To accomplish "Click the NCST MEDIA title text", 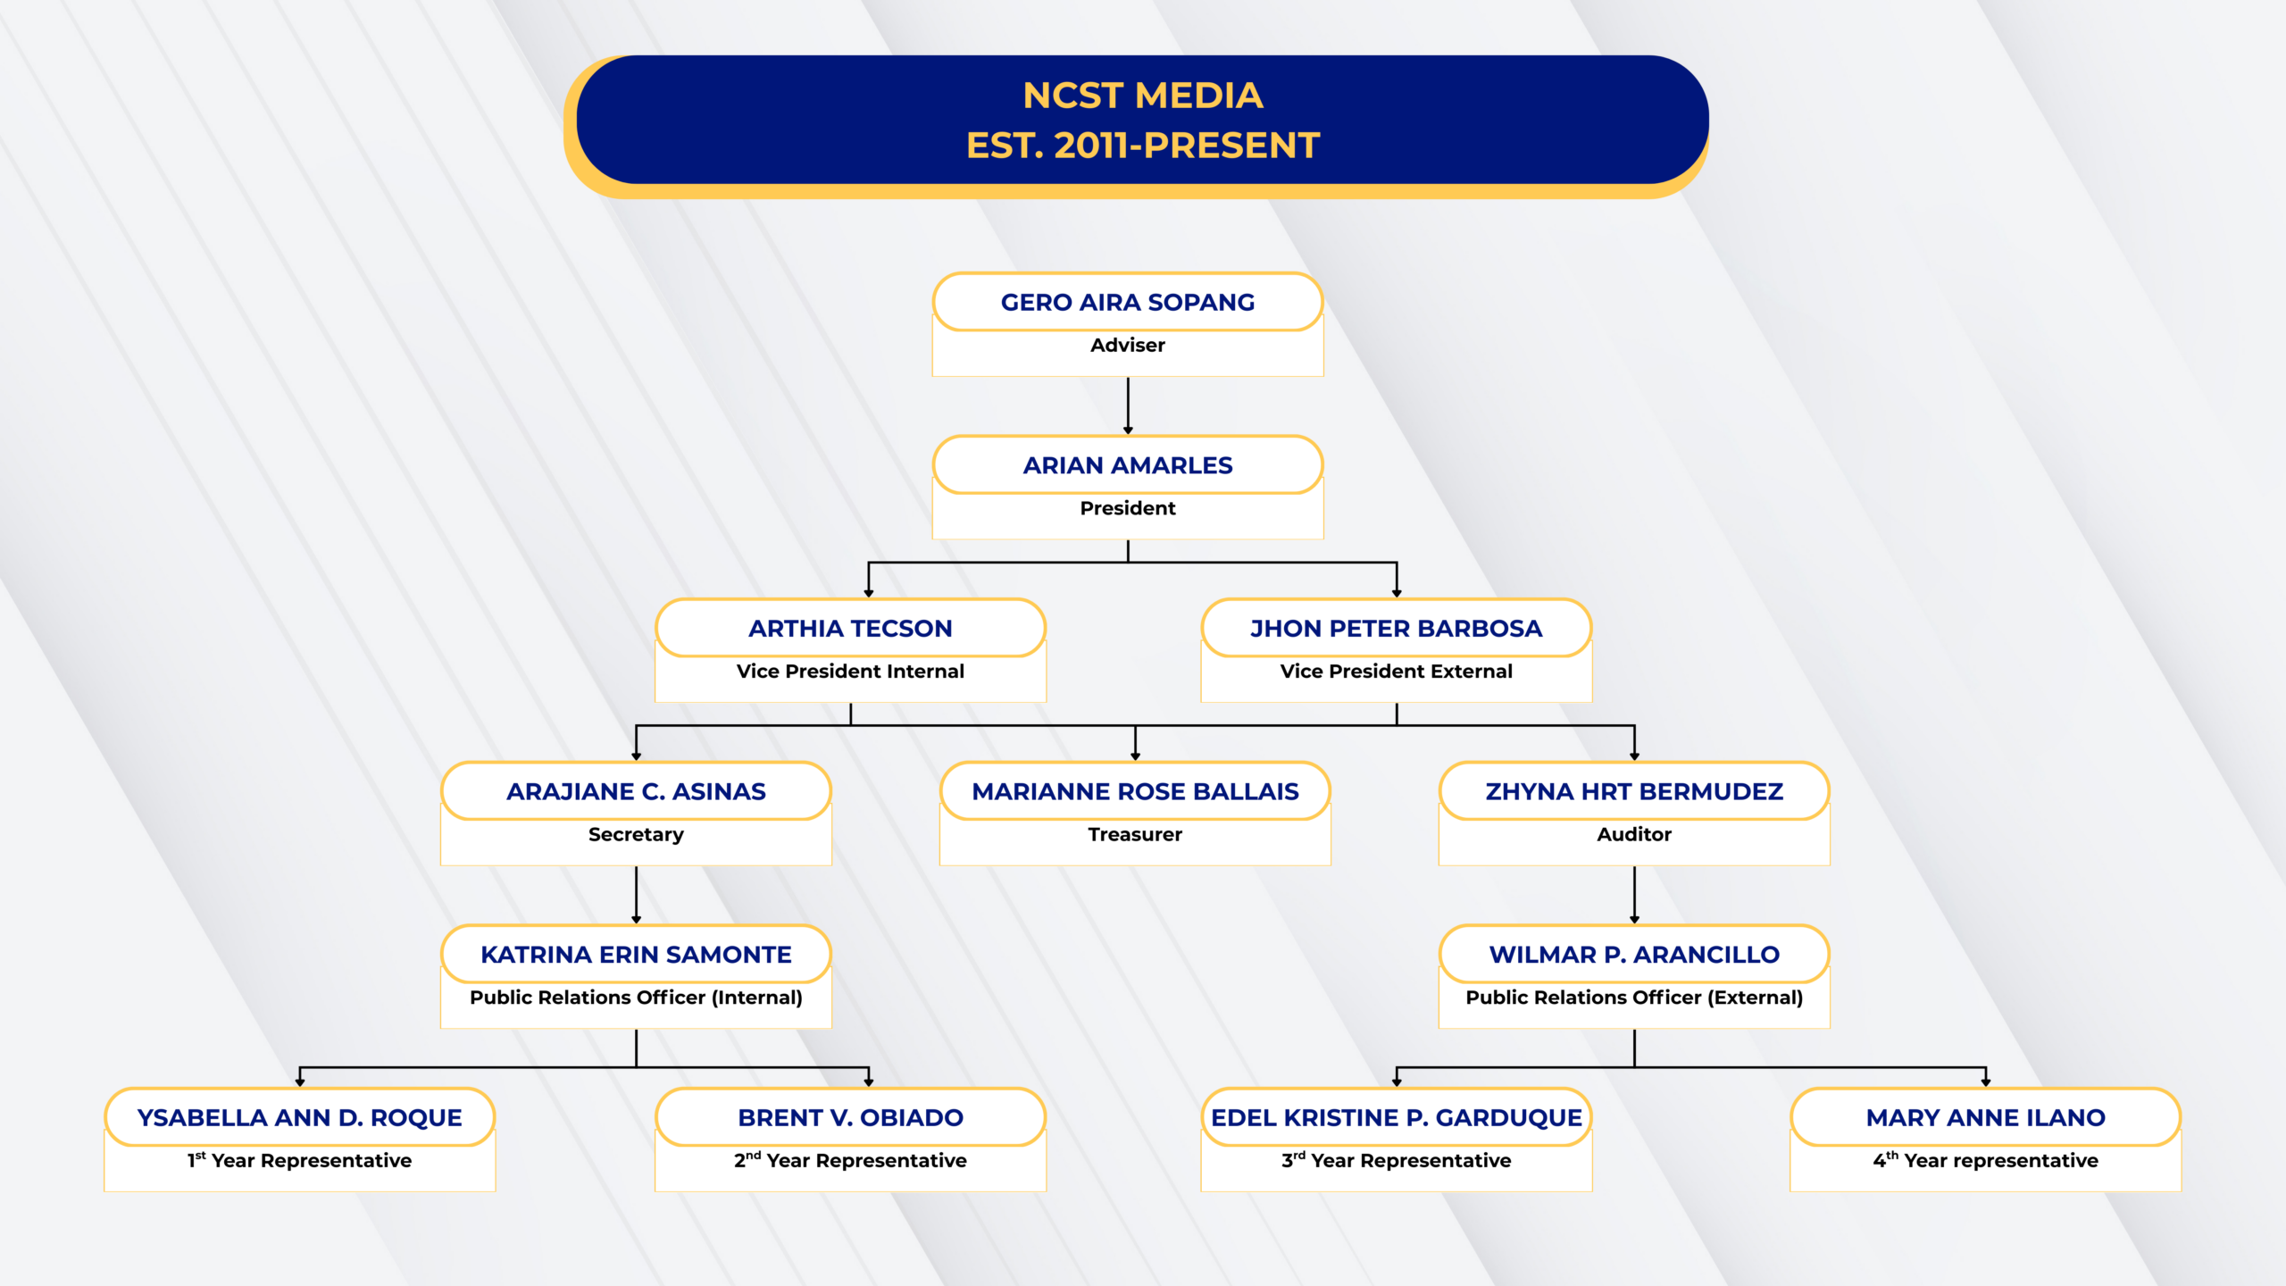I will click(x=1142, y=96).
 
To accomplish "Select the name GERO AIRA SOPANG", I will click(x=1127, y=303).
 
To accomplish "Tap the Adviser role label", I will click(x=1127, y=346).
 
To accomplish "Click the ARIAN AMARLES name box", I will click(x=1127, y=465).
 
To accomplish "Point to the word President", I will click(x=1127, y=508).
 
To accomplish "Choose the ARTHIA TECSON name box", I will click(x=850, y=629).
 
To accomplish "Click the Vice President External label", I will click(x=1396, y=672).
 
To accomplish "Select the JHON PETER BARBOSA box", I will click(x=1396, y=629).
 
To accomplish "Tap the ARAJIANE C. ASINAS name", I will click(x=636, y=792).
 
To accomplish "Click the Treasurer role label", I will click(x=1134, y=835).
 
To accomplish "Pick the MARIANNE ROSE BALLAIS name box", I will click(x=1134, y=792).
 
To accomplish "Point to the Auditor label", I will click(x=1633, y=835).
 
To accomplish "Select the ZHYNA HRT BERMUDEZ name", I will click(x=1633, y=792).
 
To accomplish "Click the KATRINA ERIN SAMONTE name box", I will click(x=636, y=955).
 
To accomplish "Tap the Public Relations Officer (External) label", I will click(x=1633, y=998).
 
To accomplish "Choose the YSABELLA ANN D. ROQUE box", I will click(x=299, y=1118).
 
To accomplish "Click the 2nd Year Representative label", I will click(x=850, y=1161).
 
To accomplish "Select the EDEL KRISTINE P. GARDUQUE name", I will click(x=1396, y=1118).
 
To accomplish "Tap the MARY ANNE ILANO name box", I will click(x=1985, y=1118).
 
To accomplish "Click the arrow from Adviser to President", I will click(x=1128, y=405).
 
